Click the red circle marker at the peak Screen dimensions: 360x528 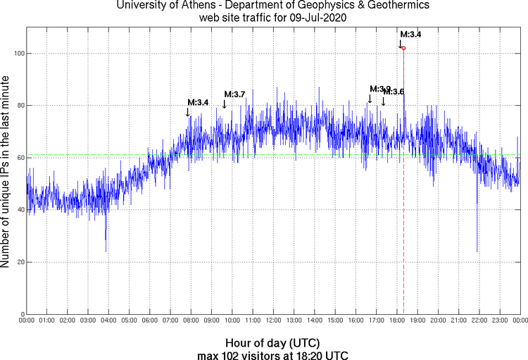(403, 48)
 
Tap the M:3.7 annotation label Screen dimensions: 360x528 (234, 94)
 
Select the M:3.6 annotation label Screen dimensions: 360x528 (394, 92)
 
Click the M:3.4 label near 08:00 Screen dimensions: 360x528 (198, 103)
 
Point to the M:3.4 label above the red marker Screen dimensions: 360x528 (410, 34)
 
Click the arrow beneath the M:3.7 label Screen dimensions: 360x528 (225, 104)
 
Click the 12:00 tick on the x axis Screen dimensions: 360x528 (273, 321)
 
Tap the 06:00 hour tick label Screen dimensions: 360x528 (150, 321)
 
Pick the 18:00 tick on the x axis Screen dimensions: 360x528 (397, 321)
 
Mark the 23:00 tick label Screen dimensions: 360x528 (500, 321)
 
